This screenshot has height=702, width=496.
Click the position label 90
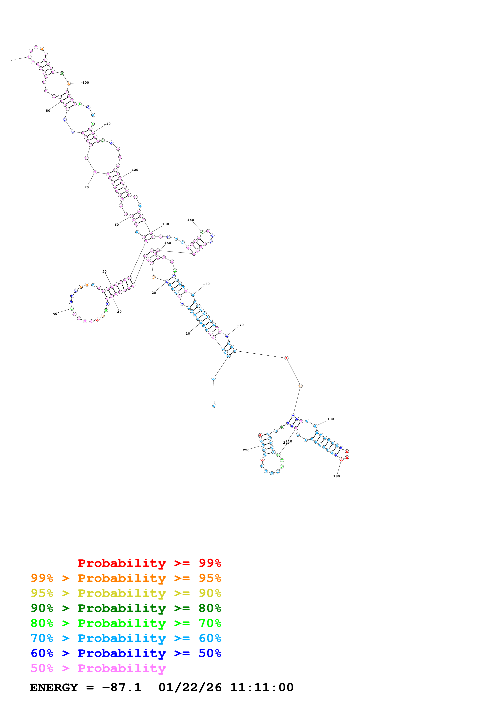[x=12, y=60]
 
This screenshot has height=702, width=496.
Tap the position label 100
[x=86, y=83]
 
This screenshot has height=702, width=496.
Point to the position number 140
[x=190, y=220]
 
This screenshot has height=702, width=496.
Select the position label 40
[x=55, y=314]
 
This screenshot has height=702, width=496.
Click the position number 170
[x=240, y=325]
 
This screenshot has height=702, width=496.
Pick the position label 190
[x=337, y=476]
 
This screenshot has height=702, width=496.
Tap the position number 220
[x=246, y=450]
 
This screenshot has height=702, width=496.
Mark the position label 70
[x=86, y=187]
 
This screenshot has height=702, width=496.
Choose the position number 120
[x=135, y=170]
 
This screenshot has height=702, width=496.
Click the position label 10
[x=188, y=334]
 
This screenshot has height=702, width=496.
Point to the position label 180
[x=330, y=419]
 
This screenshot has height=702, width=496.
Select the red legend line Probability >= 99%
[x=149, y=563]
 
